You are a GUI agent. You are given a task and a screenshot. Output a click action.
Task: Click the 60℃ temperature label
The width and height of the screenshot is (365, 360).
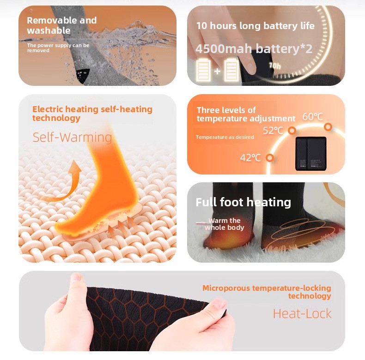[313, 117]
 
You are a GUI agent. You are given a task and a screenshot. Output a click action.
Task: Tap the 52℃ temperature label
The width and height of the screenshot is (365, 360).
[273, 131]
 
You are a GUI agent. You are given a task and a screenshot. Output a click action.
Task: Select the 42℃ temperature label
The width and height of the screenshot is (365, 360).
[250, 158]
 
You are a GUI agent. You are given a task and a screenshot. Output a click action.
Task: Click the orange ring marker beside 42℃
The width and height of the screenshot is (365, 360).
[270, 158]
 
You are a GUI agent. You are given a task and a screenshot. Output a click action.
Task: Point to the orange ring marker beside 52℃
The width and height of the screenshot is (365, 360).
[292, 131]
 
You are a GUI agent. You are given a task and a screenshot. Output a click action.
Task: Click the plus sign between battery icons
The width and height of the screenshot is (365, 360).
[217, 71]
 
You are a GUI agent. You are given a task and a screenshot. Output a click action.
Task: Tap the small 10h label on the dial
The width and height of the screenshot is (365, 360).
[275, 66]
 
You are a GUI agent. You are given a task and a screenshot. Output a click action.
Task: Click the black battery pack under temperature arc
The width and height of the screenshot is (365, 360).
[311, 154]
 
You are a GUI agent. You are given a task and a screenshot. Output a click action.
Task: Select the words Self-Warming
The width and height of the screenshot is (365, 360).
[72, 137]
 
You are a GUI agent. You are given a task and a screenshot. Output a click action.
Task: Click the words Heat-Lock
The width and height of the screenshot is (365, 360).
[302, 314]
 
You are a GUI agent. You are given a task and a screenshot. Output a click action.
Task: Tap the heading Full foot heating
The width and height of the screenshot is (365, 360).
[243, 202]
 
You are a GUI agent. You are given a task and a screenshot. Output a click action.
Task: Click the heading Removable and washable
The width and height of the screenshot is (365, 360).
[62, 25]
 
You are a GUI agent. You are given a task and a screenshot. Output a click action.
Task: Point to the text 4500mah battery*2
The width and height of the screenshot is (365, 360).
[254, 48]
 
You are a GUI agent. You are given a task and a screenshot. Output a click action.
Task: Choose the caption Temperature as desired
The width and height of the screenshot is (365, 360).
[225, 137]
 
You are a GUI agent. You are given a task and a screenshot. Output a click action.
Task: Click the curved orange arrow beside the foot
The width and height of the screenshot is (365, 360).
[65, 182]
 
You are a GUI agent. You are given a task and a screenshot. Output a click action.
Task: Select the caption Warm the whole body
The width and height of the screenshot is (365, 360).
[225, 224]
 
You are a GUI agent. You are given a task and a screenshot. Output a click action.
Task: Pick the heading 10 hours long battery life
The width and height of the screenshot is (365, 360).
[255, 26]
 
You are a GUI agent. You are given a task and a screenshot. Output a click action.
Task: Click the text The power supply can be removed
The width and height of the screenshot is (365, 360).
[58, 48]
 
